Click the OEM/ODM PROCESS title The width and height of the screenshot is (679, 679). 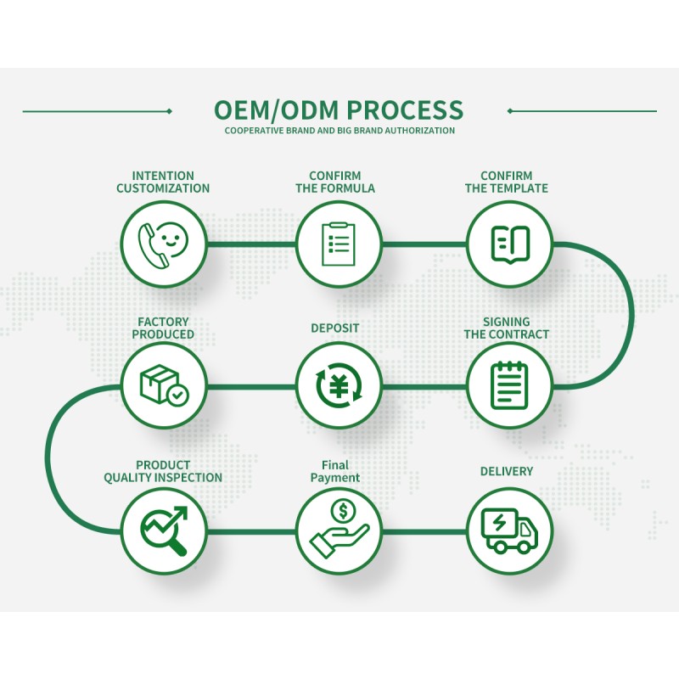click(x=339, y=110)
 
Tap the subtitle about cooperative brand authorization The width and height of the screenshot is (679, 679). click(x=339, y=131)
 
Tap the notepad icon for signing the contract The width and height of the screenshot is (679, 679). click(x=510, y=385)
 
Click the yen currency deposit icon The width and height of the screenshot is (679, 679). click(x=338, y=385)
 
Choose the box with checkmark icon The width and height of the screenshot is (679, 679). click(x=163, y=385)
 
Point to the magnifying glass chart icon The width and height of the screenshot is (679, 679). click(x=163, y=529)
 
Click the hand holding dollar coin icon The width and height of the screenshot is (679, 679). click(x=338, y=529)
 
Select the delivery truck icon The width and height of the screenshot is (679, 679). click(x=510, y=529)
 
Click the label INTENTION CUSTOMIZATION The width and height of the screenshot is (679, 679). click(x=163, y=182)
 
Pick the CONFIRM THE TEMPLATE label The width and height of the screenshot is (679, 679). click(x=507, y=182)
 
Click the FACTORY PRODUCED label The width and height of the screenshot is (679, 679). click(x=163, y=328)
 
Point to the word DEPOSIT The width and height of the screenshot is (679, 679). click(x=335, y=328)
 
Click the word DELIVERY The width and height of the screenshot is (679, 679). click(x=507, y=471)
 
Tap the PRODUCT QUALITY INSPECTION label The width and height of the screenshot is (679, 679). click(x=163, y=471)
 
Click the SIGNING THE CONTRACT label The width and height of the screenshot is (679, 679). click(x=507, y=328)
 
